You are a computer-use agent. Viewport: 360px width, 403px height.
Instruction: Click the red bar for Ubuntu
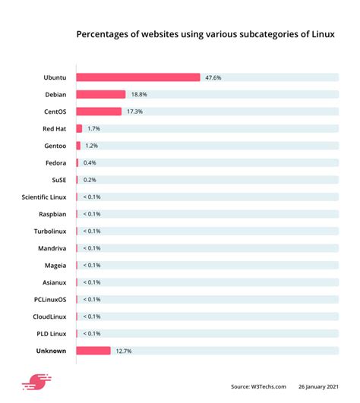[x=137, y=77]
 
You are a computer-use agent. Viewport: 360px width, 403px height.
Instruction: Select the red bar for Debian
[x=100, y=94]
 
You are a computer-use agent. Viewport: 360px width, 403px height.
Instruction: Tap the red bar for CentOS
[x=98, y=112]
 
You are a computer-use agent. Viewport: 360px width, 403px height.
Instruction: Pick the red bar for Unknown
[x=93, y=351]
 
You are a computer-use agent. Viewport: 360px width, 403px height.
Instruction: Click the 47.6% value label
[x=212, y=77]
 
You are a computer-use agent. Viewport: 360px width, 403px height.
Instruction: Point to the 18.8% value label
[x=138, y=94]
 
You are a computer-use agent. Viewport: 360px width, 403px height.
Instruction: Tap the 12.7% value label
[x=123, y=351]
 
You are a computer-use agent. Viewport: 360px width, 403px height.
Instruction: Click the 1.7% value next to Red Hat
[x=93, y=128]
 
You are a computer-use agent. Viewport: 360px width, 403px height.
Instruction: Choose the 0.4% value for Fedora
[x=90, y=162]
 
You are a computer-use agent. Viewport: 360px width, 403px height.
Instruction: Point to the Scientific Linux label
[x=43, y=197]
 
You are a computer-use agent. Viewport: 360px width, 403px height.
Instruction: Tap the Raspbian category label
[x=52, y=214]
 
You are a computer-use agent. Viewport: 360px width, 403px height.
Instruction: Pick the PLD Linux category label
[x=50, y=333]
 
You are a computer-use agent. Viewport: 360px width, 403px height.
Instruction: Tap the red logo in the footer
[x=35, y=383]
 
